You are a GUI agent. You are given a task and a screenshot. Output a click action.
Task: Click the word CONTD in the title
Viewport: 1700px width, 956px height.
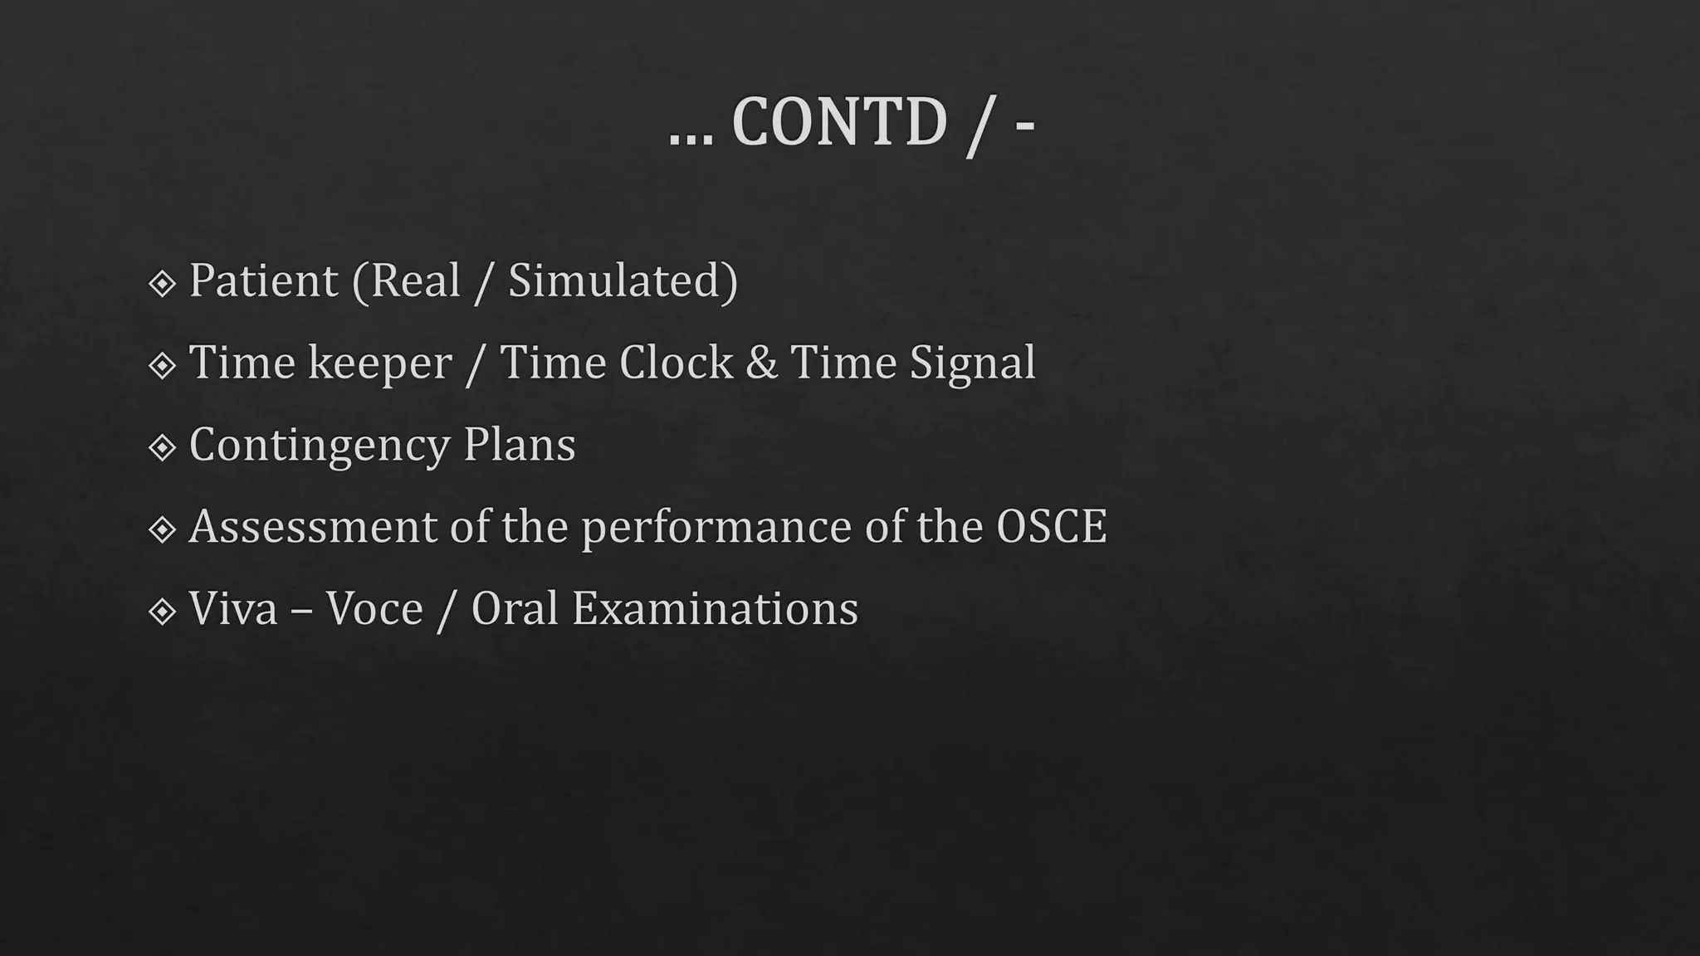click(x=838, y=123)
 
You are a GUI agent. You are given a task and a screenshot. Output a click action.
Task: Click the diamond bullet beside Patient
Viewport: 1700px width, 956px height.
click(x=162, y=284)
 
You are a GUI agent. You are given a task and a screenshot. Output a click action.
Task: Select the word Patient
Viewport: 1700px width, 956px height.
click(x=263, y=280)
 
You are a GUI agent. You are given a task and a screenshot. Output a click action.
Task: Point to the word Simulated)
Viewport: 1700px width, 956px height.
click(x=623, y=280)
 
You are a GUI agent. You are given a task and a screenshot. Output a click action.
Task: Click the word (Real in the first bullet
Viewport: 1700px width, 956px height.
click(x=406, y=280)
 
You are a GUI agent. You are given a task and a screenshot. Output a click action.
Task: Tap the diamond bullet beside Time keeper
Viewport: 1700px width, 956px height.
click(x=162, y=366)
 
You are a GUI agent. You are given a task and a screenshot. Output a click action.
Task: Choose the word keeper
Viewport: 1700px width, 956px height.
click(x=379, y=363)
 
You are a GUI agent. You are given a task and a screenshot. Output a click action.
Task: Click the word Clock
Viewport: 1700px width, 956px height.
click(x=676, y=363)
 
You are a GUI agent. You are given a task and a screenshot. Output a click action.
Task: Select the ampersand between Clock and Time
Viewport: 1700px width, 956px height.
click(x=761, y=363)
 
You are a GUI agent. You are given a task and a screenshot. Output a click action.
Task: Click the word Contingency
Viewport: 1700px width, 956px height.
click(x=319, y=446)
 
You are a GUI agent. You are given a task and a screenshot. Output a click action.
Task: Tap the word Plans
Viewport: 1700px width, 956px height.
click(x=519, y=445)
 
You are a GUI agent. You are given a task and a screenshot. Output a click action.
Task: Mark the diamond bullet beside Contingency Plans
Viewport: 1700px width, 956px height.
click(x=162, y=448)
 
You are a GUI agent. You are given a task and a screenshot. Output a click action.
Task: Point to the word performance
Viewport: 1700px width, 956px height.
click(x=716, y=528)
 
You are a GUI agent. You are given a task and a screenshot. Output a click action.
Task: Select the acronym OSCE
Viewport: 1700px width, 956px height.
click(x=1051, y=526)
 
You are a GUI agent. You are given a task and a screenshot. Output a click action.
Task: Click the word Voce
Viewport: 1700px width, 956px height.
click(x=374, y=608)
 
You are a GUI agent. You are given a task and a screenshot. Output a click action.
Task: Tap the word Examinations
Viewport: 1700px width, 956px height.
click(x=715, y=608)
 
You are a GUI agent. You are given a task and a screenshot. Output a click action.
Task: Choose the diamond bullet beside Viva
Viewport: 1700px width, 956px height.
click(x=162, y=612)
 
